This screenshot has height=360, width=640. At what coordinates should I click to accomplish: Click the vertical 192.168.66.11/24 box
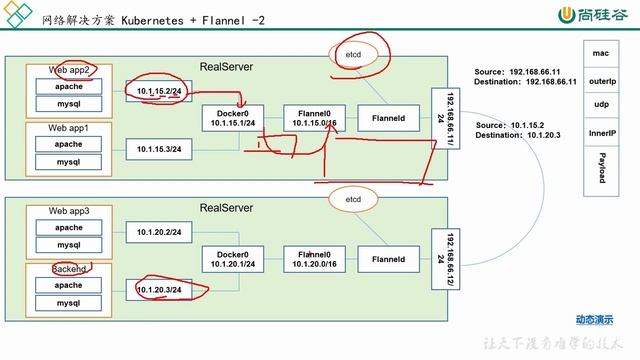(x=441, y=121)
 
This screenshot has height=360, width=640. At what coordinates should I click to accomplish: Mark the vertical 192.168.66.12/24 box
(x=441, y=259)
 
